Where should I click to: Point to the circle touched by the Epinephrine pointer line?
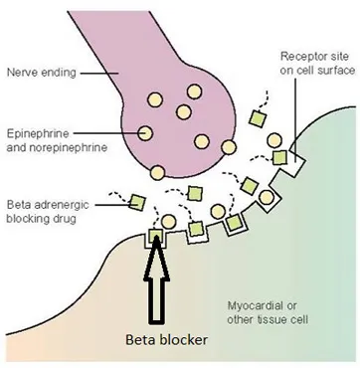145,133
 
